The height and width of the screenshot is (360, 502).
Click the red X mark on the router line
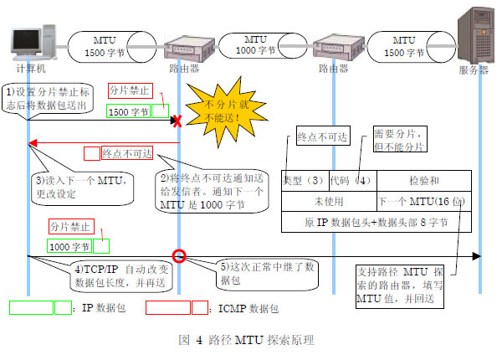(177, 121)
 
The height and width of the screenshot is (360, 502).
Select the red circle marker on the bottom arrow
(177, 255)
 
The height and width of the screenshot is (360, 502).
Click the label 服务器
(473, 69)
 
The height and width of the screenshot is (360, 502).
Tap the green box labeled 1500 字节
(128, 111)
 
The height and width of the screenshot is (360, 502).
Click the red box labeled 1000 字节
(70, 246)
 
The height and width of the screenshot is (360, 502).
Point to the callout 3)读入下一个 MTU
(79, 186)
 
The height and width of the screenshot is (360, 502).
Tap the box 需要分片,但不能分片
(399, 140)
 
